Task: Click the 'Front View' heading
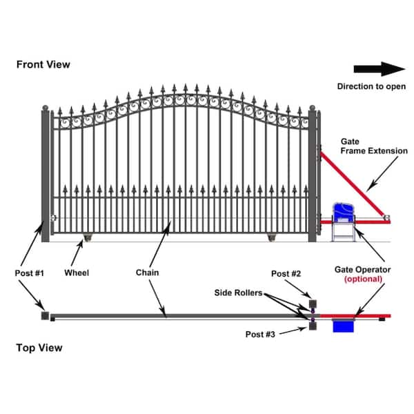(43, 64)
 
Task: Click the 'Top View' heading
(39, 348)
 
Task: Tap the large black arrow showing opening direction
(379, 68)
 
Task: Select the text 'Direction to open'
(371, 86)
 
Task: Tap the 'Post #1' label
(29, 273)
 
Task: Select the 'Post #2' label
(286, 274)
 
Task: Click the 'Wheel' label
(77, 273)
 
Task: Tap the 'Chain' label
(148, 273)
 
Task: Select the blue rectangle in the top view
(343, 325)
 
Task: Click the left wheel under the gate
(88, 239)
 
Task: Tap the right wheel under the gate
(272, 239)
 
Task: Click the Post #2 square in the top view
(313, 304)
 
